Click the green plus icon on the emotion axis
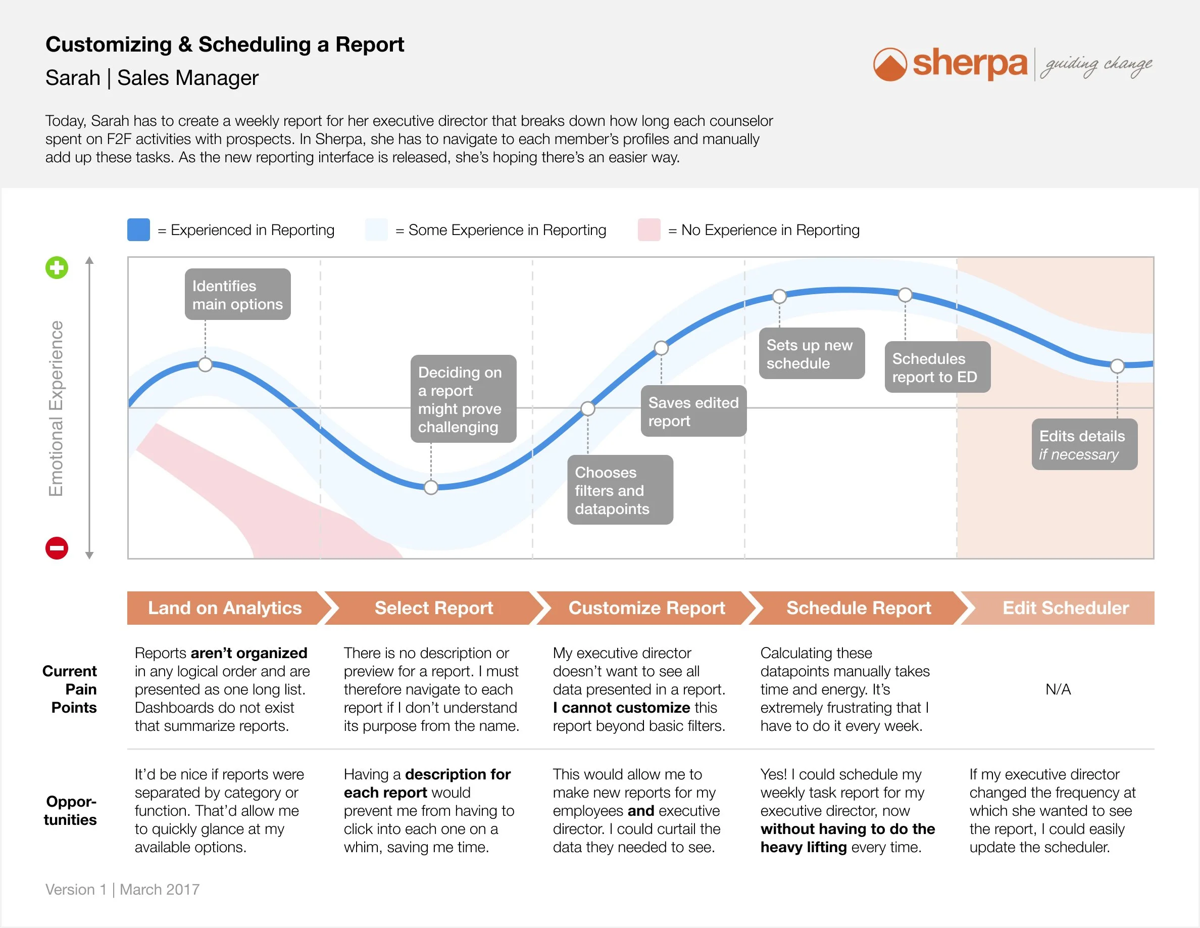(x=57, y=268)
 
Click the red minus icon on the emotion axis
(x=57, y=548)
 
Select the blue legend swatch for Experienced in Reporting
(x=138, y=230)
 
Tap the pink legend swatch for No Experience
(x=649, y=230)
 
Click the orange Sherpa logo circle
(x=889, y=65)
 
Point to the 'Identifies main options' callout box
(x=237, y=295)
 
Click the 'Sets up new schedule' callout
(x=812, y=354)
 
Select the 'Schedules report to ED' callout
(x=937, y=367)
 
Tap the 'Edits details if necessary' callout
(x=1084, y=445)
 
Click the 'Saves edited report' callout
(x=693, y=411)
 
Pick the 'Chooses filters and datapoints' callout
(x=620, y=490)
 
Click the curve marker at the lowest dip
(x=431, y=488)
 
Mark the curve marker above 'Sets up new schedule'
(x=779, y=297)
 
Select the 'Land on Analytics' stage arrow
(x=225, y=608)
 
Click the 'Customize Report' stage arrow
(x=646, y=608)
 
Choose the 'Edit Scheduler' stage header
(x=1065, y=608)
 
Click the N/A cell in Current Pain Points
(x=1058, y=689)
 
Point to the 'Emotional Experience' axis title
(x=56, y=408)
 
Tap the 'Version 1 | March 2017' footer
(x=122, y=890)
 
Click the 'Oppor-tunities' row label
(x=71, y=810)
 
